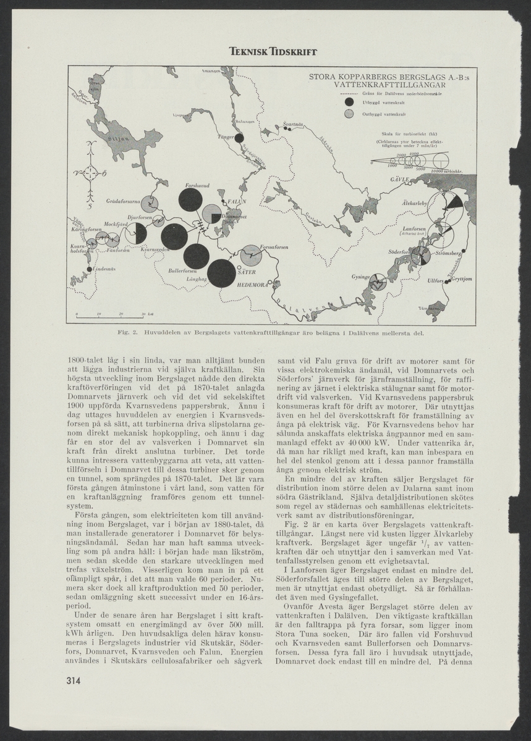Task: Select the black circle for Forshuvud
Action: click(191, 200)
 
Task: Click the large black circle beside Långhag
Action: click(221, 274)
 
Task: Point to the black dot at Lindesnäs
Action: click(88, 268)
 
